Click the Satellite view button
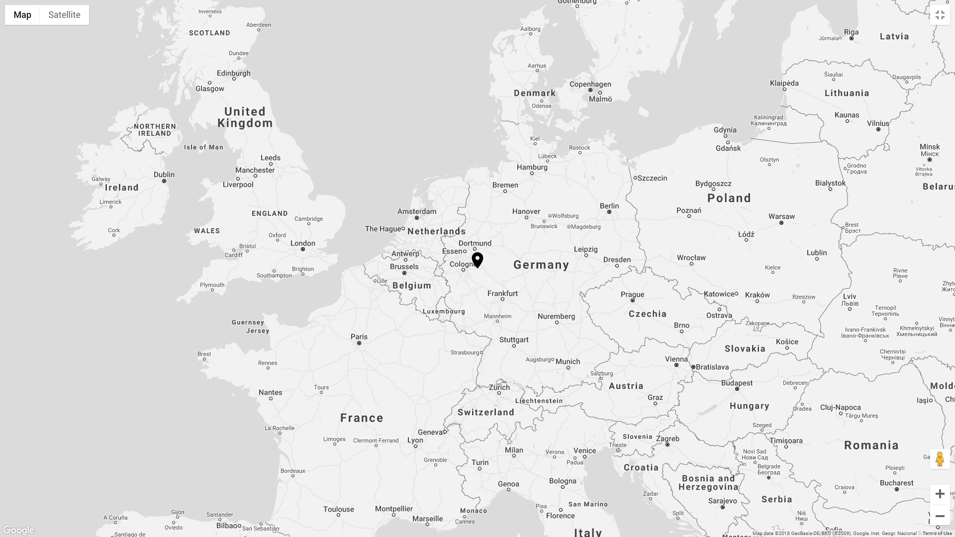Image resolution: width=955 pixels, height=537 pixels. click(x=64, y=15)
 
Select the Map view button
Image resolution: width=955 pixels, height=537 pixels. click(x=22, y=15)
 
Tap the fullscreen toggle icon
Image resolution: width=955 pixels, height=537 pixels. click(x=940, y=15)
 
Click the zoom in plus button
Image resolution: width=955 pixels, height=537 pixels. click(x=940, y=494)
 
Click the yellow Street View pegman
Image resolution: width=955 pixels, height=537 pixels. click(x=940, y=459)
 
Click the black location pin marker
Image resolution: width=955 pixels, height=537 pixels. click(x=477, y=260)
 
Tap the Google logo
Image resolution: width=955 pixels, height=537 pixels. click(x=18, y=530)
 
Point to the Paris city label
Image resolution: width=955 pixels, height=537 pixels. click(x=359, y=337)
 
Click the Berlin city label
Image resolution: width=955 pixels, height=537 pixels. click(x=609, y=206)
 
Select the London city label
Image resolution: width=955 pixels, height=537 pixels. click(x=303, y=243)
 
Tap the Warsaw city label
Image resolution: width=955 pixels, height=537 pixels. click(x=781, y=216)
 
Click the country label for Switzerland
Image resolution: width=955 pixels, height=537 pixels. click(x=486, y=412)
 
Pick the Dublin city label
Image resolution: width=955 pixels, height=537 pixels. click(x=164, y=175)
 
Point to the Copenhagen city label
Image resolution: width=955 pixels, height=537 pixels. click(x=590, y=84)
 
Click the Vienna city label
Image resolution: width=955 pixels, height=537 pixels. click(x=676, y=359)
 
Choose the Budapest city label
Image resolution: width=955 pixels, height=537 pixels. click(x=737, y=383)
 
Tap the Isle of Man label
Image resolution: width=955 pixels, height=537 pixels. click(x=203, y=147)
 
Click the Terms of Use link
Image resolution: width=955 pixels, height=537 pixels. click(x=937, y=534)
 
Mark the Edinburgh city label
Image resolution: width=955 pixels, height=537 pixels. click(x=234, y=73)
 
